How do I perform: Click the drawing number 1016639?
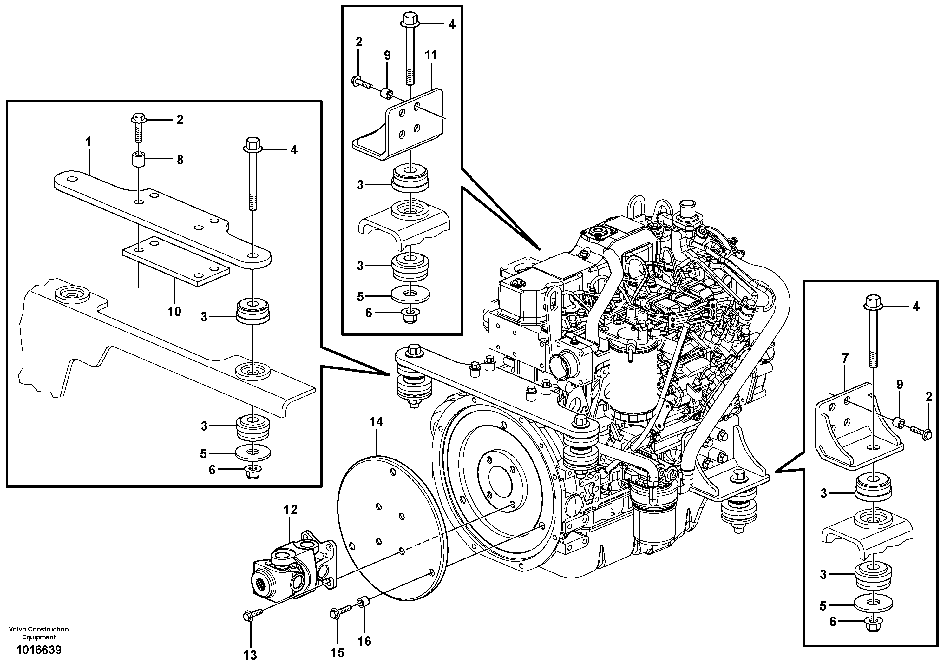pos(39,650)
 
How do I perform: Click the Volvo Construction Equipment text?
pos(39,633)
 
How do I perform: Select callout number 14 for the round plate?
pos(376,422)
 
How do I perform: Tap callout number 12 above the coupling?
pos(290,510)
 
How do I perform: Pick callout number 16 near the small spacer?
pos(364,641)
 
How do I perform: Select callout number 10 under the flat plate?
pos(174,312)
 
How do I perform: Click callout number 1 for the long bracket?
pos(88,142)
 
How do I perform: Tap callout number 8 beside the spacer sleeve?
pos(180,160)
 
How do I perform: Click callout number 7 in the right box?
pos(845,359)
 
